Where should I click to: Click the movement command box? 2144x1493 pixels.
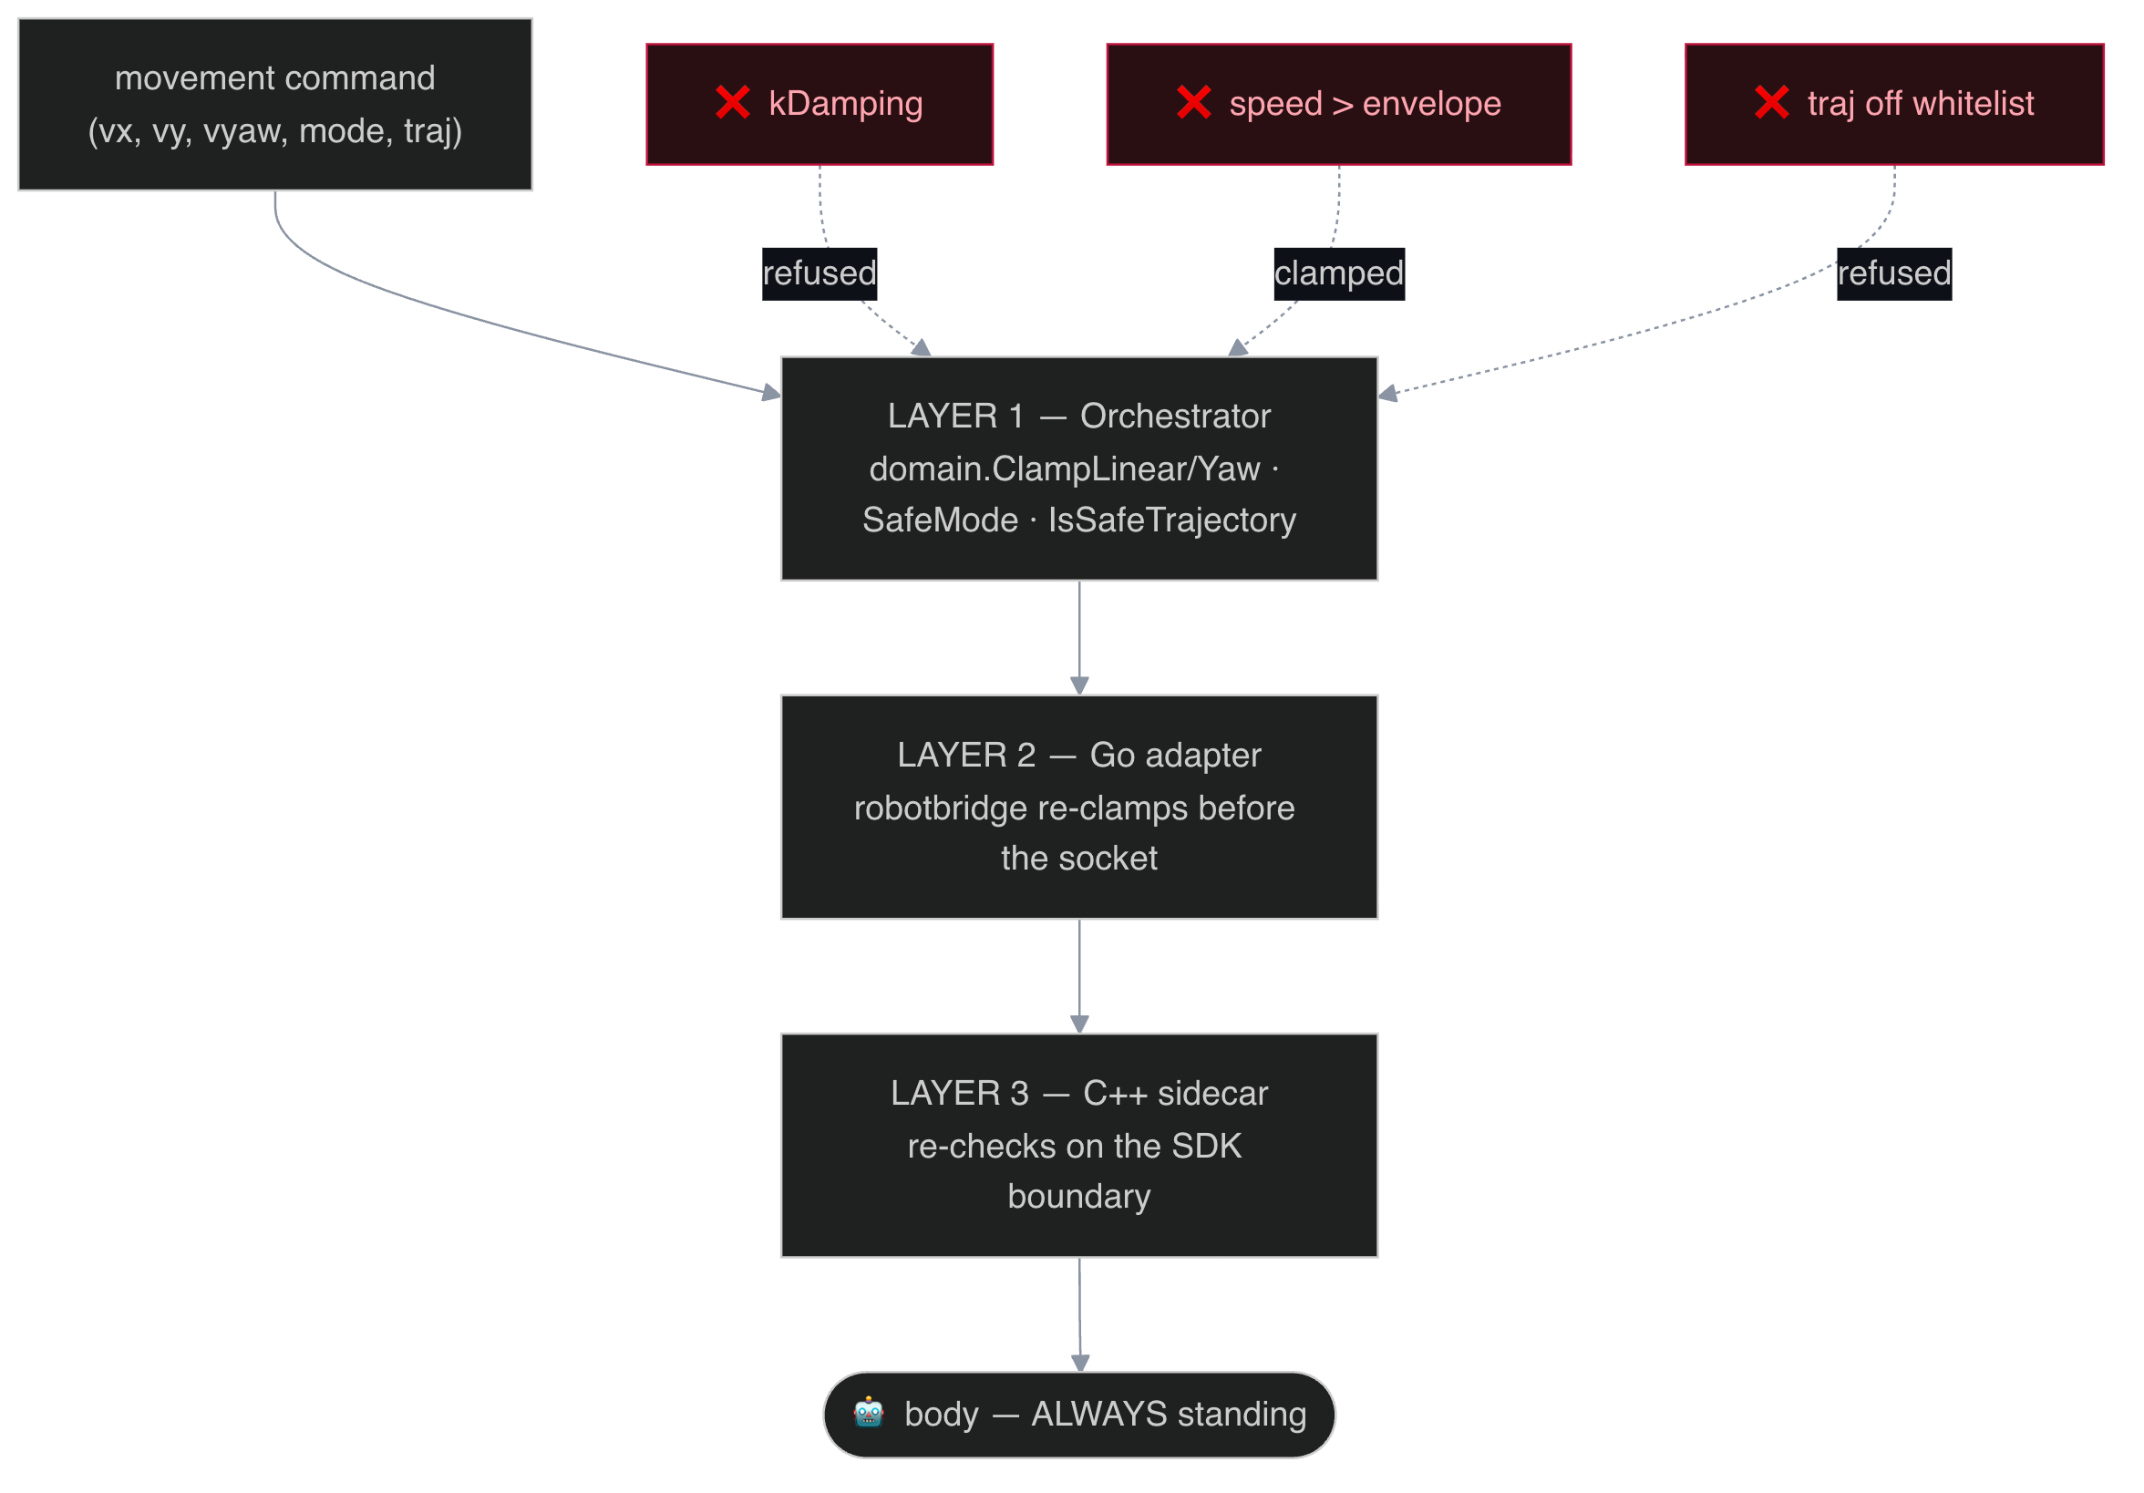274,105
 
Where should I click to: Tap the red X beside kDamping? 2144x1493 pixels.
733,103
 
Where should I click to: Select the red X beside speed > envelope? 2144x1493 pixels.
1193,103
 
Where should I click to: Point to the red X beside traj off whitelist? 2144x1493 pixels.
1771,103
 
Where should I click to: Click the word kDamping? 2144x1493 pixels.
845,104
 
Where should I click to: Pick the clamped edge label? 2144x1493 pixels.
1339,273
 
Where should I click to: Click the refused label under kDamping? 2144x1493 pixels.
819,273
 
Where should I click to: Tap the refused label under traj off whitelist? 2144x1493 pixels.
1893,273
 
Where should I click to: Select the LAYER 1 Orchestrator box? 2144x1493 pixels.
1079,468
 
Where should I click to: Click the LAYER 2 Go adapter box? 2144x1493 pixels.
1079,808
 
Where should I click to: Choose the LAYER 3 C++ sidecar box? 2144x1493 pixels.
1079,1146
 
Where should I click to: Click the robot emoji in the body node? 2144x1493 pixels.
869,1414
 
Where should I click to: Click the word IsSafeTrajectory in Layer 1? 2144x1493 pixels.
1172,520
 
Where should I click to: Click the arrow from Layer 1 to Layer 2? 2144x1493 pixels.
1079,639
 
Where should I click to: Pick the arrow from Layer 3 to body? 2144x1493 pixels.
1079,1315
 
